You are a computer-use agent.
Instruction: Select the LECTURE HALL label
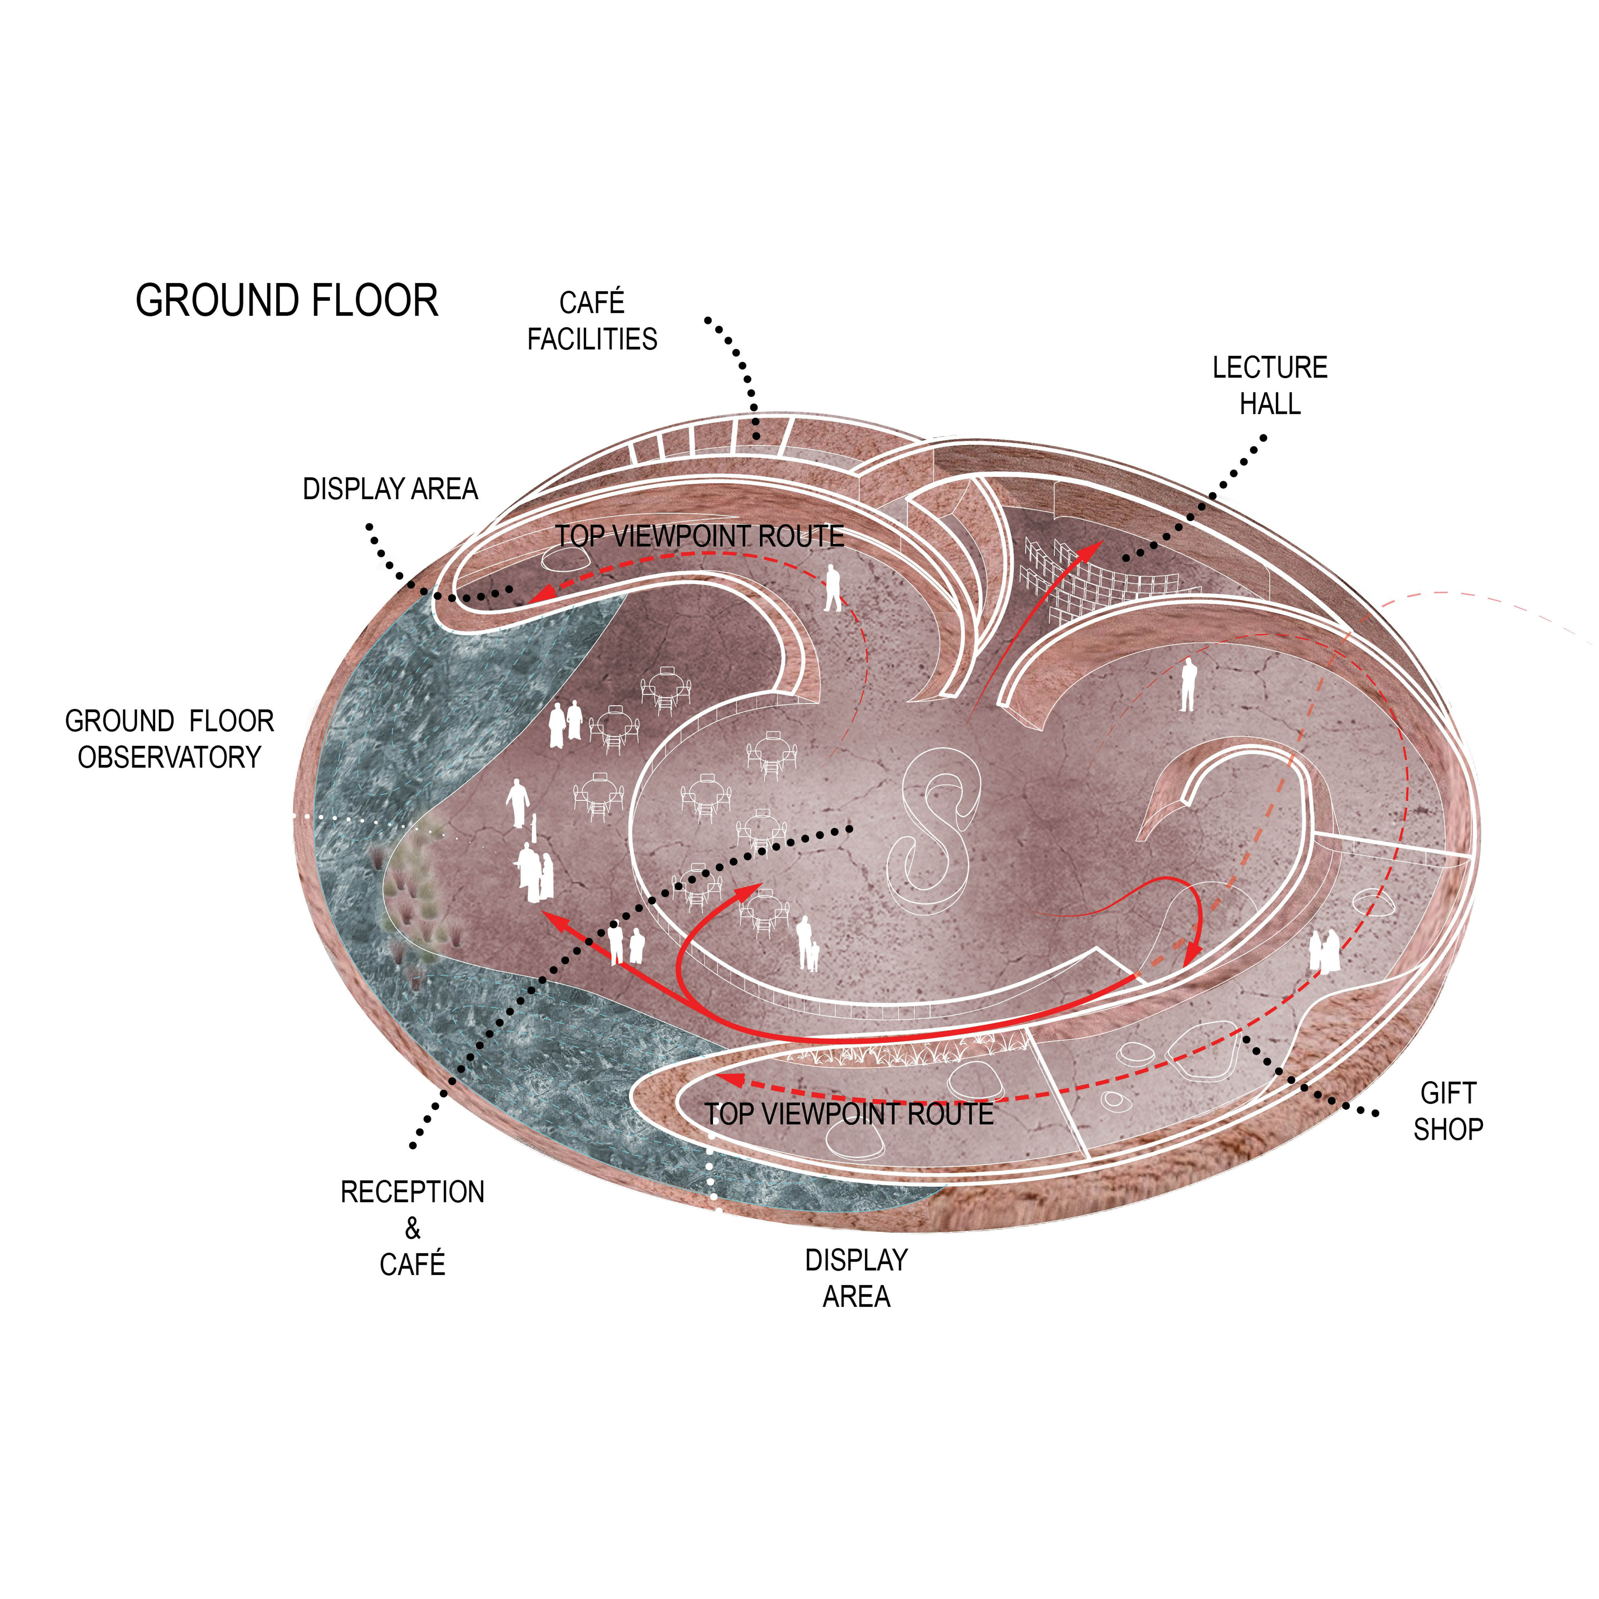tap(1270, 386)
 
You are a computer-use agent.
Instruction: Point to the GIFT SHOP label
tap(1447, 1112)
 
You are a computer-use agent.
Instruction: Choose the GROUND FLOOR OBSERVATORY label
tap(170, 739)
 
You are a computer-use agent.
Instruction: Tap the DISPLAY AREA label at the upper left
tap(390, 489)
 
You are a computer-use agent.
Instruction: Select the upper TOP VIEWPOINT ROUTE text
tap(699, 536)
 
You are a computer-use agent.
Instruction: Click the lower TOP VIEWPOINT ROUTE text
tap(848, 1114)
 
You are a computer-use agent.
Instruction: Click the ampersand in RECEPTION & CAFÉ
tap(412, 1229)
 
